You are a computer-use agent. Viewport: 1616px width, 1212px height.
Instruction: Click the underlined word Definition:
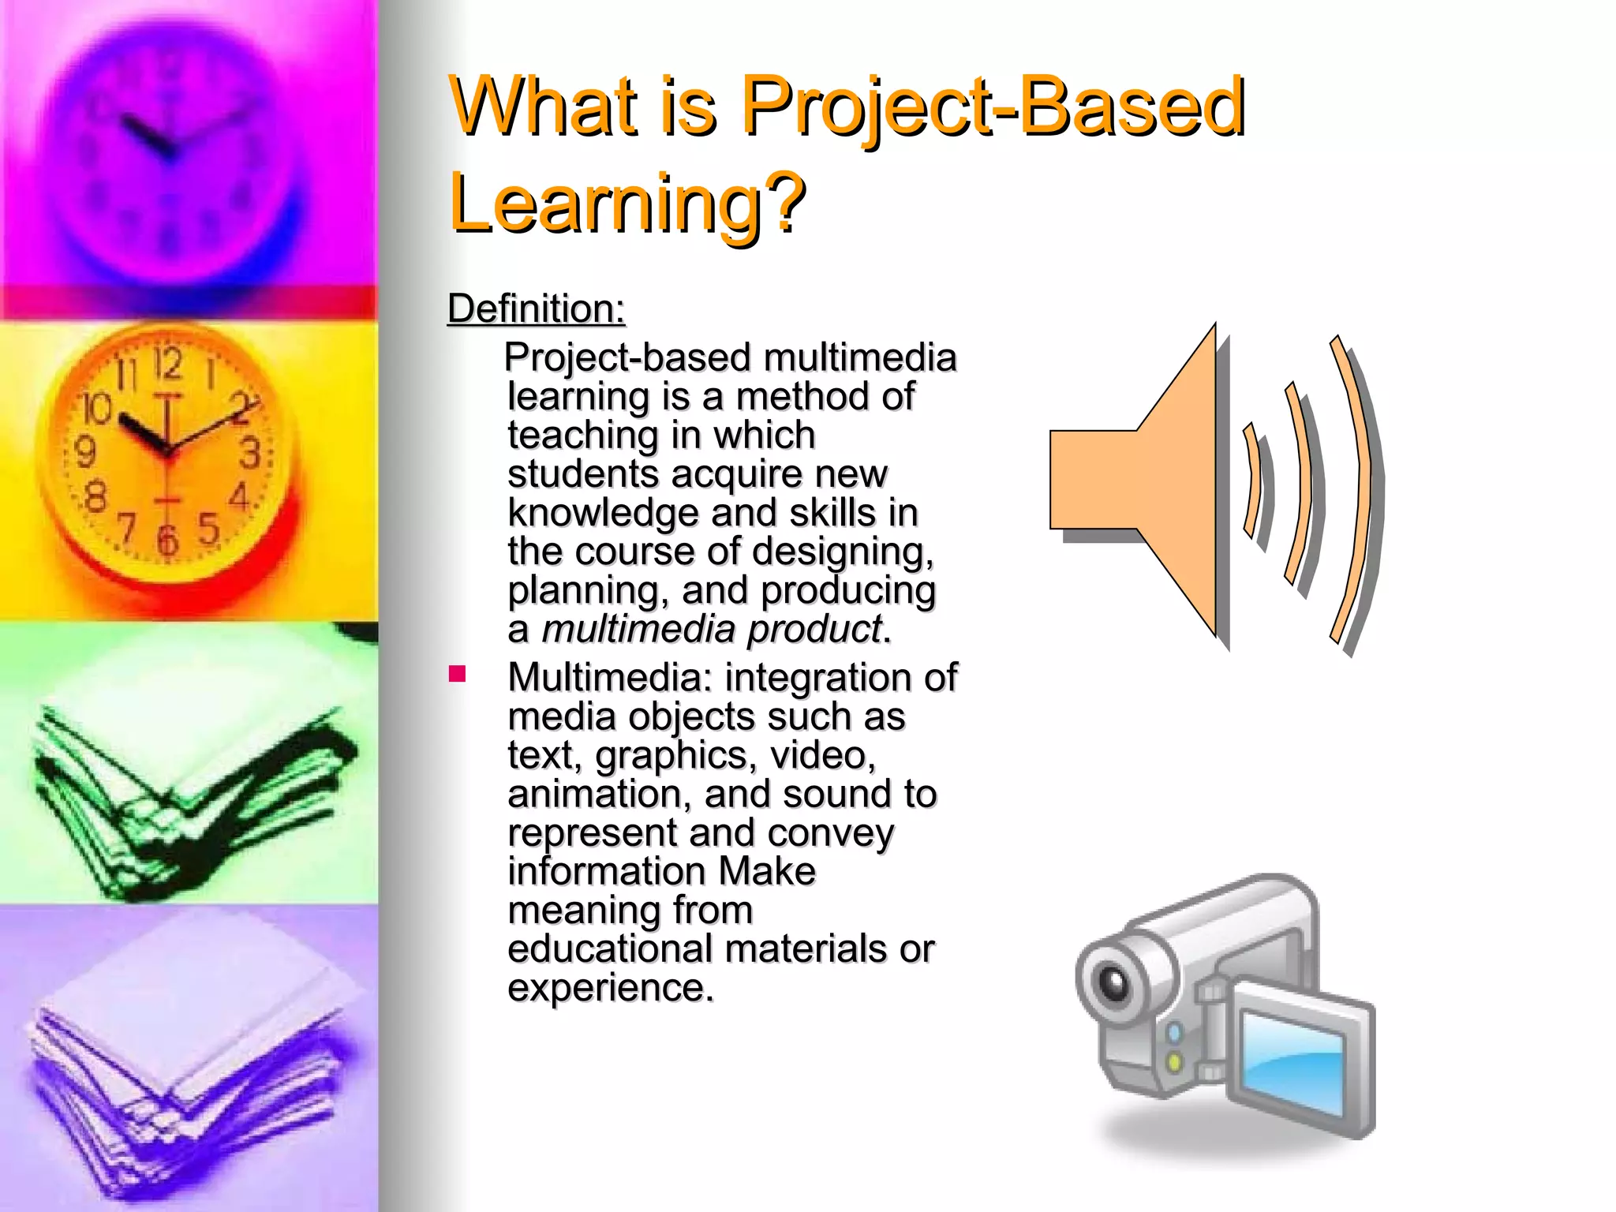(x=536, y=309)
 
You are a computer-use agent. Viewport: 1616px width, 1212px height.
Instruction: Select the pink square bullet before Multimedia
(x=457, y=674)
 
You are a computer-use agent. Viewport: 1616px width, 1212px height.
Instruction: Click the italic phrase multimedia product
(x=711, y=630)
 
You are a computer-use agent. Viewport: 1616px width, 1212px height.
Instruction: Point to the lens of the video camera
(x=1115, y=983)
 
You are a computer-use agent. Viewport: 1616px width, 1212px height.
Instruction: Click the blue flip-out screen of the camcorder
(x=1291, y=1062)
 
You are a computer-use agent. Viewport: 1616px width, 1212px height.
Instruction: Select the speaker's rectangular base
(x=1093, y=480)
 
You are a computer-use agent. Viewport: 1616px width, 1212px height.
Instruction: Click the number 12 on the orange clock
(x=167, y=364)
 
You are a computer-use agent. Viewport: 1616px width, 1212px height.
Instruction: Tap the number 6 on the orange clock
(x=167, y=541)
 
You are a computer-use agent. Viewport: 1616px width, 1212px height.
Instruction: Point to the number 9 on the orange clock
(x=84, y=451)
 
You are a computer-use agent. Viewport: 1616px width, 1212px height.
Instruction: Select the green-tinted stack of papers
(x=189, y=789)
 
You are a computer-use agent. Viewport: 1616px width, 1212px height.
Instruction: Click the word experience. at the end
(x=610, y=988)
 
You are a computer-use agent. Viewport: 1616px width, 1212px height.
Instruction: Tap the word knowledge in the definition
(x=603, y=513)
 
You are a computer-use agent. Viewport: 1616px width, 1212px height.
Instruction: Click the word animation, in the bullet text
(x=600, y=794)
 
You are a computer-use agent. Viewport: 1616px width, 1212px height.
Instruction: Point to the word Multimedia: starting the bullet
(x=610, y=678)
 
